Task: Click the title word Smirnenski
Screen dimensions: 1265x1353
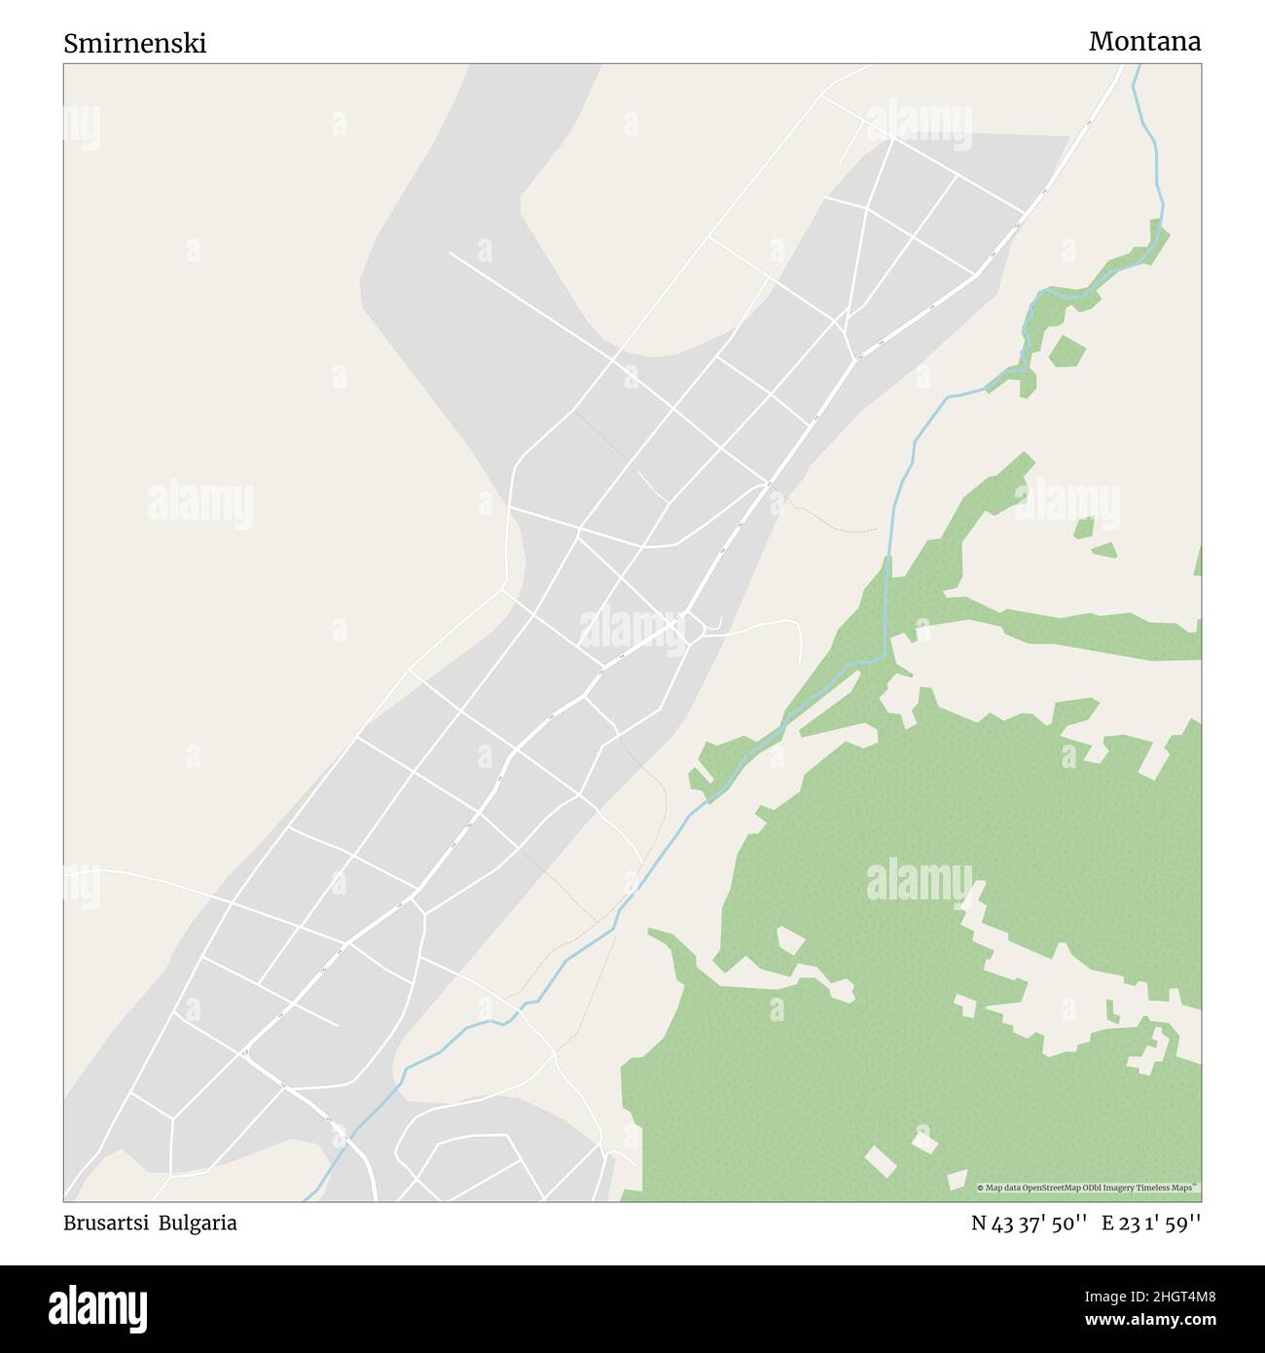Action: coord(135,44)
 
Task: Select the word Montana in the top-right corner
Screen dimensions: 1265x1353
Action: coord(1144,42)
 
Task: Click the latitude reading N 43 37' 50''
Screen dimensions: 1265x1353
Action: coord(1029,1225)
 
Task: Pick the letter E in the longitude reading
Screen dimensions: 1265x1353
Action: coord(1107,1225)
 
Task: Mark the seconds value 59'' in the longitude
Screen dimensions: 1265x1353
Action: coord(1183,1225)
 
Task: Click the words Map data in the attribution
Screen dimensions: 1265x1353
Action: coord(1002,1188)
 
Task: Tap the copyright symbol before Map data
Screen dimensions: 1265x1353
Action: coord(981,1188)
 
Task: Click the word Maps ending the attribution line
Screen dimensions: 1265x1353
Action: coord(1184,1188)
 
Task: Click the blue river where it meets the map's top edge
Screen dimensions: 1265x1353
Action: coord(1136,67)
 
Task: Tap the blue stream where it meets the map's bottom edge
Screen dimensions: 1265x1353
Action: coord(307,1198)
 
